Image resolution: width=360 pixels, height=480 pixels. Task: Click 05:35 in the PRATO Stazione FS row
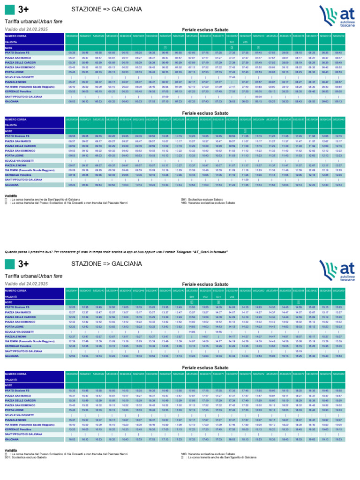72,53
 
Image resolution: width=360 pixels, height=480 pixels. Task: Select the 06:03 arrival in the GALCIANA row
72,101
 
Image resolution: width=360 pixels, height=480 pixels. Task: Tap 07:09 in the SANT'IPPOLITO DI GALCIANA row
165,96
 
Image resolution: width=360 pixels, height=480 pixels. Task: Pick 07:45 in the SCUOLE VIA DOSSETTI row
232,77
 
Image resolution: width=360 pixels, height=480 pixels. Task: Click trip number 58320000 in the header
72,36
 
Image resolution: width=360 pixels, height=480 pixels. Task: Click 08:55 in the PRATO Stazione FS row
72,136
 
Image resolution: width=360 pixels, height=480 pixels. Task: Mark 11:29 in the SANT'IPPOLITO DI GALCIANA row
245,179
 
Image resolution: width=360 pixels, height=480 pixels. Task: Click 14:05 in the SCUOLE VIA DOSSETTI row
192,331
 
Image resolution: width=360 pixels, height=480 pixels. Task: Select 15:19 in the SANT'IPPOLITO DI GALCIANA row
299,351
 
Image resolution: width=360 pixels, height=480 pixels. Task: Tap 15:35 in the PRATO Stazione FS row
72,390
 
